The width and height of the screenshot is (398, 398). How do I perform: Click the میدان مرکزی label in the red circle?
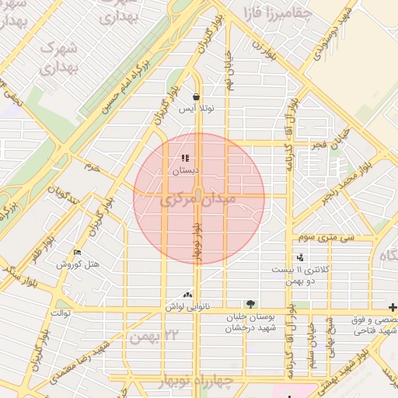pyautogui.click(x=197, y=201)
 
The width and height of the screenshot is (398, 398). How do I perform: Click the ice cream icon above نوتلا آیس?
pyautogui.click(x=195, y=97)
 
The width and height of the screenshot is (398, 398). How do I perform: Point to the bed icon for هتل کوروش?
pyautogui.click(x=76, y=253)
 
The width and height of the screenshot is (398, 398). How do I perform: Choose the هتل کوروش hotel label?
pyautogui.click(x=82, y=264)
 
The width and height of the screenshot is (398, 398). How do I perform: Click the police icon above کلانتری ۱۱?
pyautogui.click(x=300, y=257)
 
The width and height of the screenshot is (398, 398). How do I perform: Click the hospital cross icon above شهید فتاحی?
pyautogui.click(x=393, y=307)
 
